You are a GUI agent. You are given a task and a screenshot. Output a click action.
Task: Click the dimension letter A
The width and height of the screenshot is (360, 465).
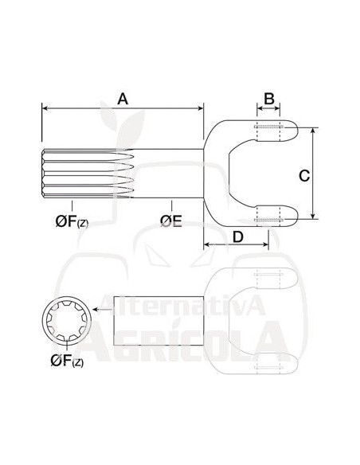pos(123,99)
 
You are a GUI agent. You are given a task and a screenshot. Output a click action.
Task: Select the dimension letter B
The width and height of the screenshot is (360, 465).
pos(269,99)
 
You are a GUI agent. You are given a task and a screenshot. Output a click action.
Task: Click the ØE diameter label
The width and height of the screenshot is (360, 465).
pos(170,219)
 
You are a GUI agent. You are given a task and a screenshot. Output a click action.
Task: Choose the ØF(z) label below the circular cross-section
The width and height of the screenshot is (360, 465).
pos(69,361)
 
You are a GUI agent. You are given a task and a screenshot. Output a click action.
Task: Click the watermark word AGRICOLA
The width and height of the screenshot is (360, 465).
pos(191,342)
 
